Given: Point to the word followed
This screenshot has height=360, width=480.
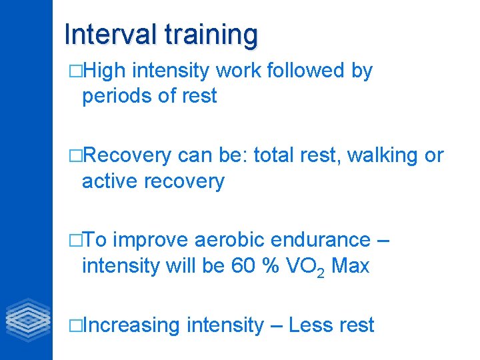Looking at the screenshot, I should point(305,71).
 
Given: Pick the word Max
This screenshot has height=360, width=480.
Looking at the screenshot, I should point(350,266).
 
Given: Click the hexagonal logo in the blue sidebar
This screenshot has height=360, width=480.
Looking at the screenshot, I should point(27,321).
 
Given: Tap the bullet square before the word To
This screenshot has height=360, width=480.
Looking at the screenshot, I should point(75,240).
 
